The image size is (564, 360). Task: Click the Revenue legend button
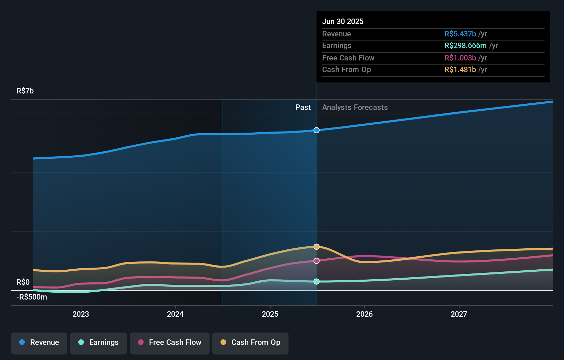click(39, 342)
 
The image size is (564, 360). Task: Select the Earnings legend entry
click(99, 342)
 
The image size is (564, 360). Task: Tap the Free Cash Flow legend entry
click(170, 342)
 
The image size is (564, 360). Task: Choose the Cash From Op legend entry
click(250, 342)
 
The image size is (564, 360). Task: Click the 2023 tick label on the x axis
click(81, 314)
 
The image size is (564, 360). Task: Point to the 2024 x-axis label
click(175, 314)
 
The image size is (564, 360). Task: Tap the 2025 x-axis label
click(270, 314)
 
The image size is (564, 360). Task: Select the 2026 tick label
click(364, 314)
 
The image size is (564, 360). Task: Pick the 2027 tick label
click(459, 314)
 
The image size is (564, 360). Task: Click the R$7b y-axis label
click(25, 91)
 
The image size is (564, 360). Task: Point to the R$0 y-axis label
click(23, 282)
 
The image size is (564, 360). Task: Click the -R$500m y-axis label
click(32, 297)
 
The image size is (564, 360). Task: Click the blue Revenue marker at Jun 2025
click(317, 130)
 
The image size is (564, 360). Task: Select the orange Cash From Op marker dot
click(317, 247)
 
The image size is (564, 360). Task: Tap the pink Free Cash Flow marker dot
click(317, 261)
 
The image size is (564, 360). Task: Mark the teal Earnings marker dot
click(317, 281)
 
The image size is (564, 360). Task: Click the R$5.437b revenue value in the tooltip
click(460, 34)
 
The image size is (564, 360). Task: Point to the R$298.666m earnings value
click(465, 45)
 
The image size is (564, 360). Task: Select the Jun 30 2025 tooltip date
click(343, 21)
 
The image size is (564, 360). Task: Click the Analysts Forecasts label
click(355, 107)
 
